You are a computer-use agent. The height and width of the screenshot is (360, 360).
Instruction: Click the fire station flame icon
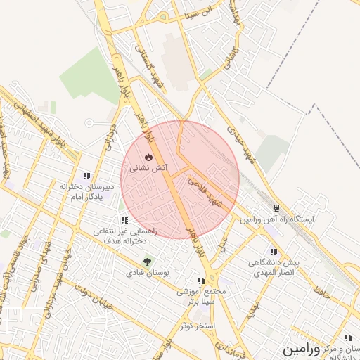(x=148, y=157)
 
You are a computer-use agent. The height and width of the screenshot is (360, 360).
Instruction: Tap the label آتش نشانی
(x=148, y=169)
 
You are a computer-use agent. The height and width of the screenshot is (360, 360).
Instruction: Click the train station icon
(x=276, y=208)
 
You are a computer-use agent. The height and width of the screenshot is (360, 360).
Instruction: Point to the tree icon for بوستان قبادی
(x=147, y=262)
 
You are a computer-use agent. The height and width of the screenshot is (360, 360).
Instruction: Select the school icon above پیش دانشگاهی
(x=273, y=251)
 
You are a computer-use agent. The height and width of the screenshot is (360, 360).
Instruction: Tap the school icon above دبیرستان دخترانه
(x=86, y=176)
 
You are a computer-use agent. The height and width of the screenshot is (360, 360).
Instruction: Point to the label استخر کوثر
(x=196, y=326)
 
